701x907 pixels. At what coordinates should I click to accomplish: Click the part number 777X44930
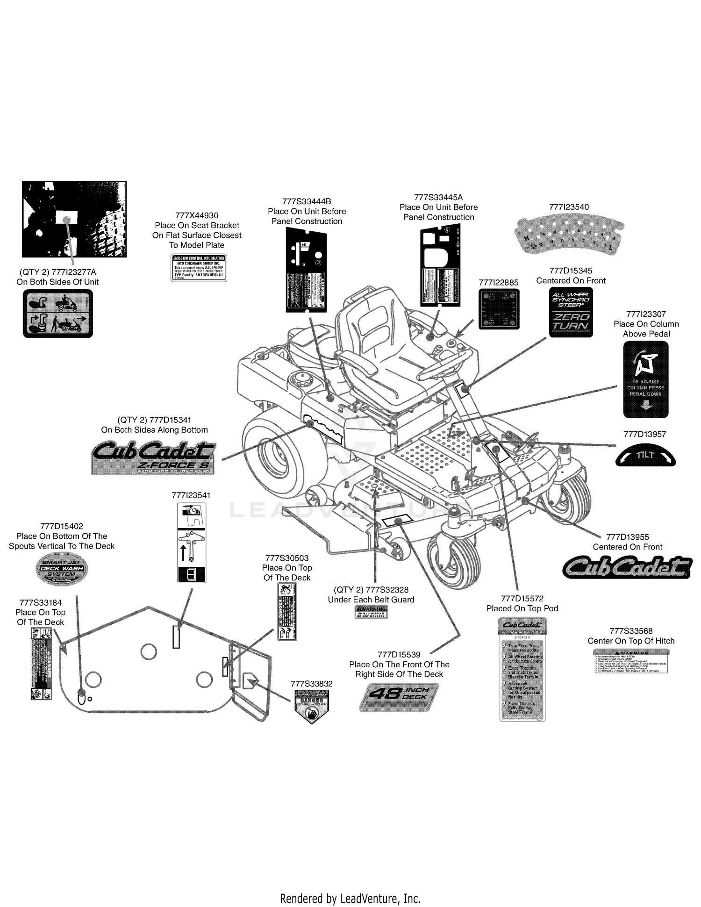tap(197, 215)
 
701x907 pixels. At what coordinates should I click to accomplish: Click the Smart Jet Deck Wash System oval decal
tap(62, 569)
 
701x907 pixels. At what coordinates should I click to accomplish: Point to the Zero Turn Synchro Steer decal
tap(571, 312)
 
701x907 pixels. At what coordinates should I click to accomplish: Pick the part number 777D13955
tap(627, 537)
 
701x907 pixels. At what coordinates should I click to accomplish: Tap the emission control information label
tap(199, 268)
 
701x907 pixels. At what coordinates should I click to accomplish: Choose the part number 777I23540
tap(569, 207)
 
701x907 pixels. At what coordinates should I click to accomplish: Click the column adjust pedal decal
tap(646, 379)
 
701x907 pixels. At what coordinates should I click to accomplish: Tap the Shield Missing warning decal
tap(371, 612)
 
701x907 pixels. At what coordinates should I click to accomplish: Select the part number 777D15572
tap(522, 599)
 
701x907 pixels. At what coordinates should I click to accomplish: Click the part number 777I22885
tap(499, 283)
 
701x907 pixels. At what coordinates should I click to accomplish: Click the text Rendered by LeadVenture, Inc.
tap(350, 898)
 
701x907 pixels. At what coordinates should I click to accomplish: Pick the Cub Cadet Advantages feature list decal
tap(522, 669)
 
